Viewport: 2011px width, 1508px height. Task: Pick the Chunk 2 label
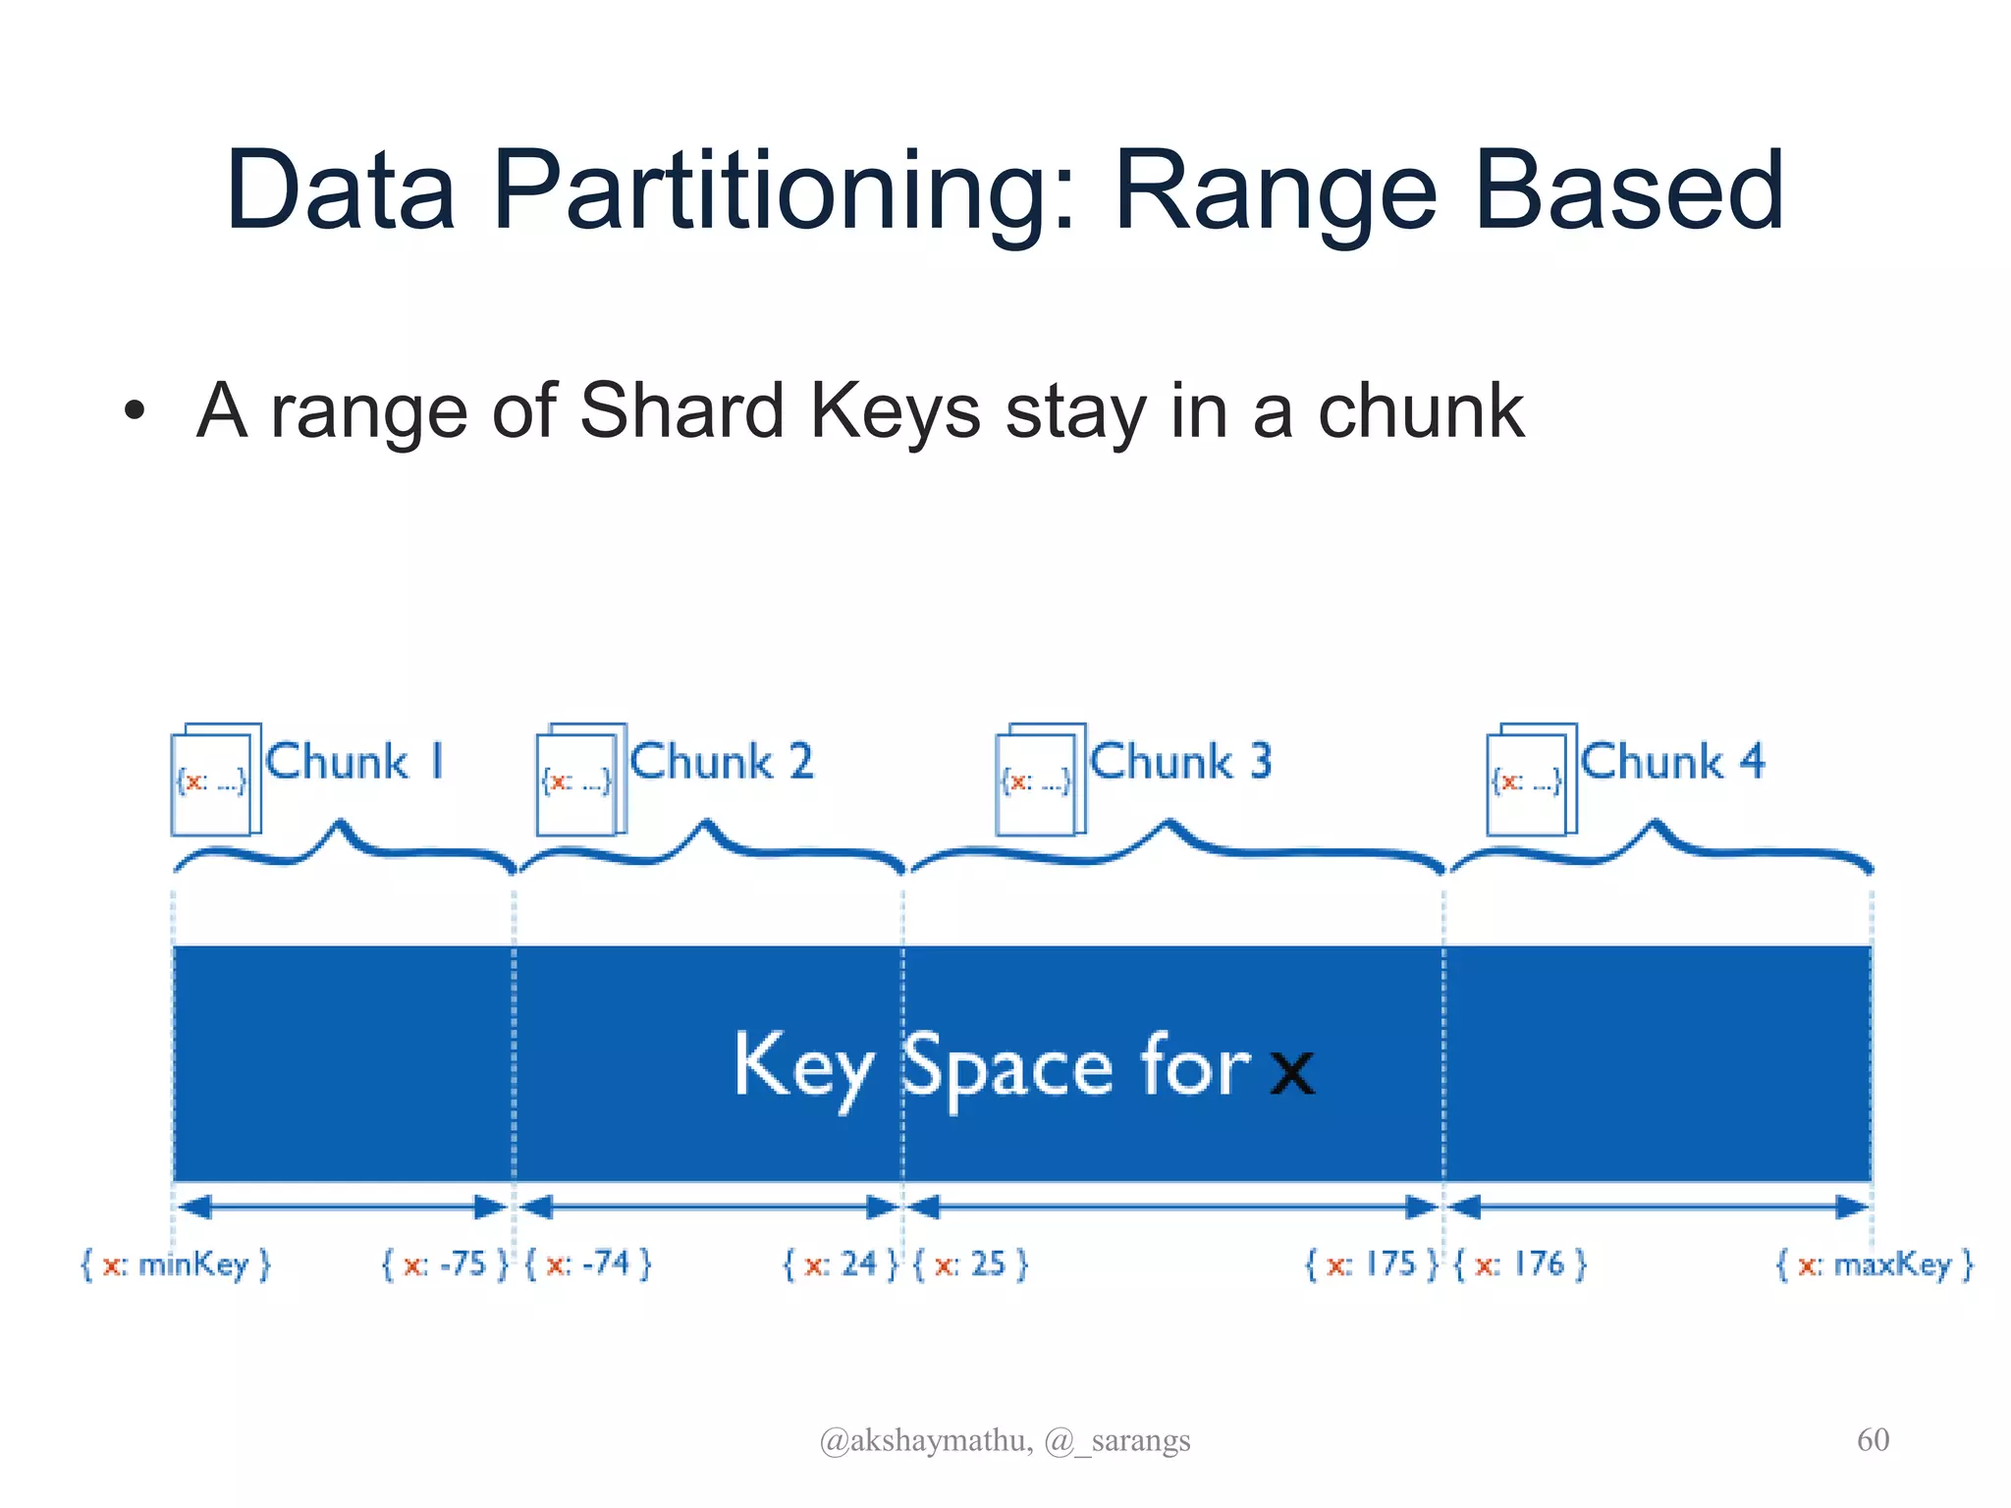coord(722,762)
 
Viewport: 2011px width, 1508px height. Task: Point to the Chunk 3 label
coord(1181,762)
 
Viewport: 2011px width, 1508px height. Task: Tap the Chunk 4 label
coord(1672,762)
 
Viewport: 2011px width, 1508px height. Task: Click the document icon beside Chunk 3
coord(1040,780)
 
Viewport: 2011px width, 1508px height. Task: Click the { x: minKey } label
coord(175,1264)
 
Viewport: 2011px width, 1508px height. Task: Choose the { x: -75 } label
coord(445,1264)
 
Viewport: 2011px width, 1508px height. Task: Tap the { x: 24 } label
coord(840,1264)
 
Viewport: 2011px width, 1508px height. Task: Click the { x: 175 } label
coord(1371,1264)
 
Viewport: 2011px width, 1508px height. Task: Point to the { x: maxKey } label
coord(1875,1264)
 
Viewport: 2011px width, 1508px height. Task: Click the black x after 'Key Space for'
coord(1292,1072)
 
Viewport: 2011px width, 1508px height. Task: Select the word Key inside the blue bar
coord(803,1067)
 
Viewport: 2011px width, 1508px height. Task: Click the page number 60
coord(1873,1439)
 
